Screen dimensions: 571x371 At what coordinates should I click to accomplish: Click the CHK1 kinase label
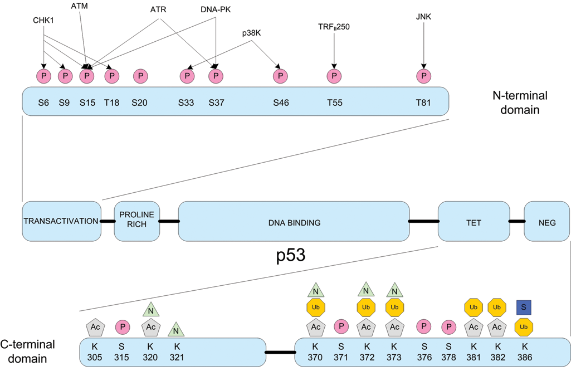(43, 21)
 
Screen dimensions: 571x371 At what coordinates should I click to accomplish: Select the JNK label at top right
(423, 17)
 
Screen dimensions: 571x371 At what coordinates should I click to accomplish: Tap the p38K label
(252, 33)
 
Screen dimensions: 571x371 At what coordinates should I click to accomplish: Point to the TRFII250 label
(334, 27)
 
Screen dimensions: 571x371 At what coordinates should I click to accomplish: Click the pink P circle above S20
(140, 76)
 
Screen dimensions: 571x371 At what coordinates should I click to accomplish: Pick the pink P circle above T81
(424, 76)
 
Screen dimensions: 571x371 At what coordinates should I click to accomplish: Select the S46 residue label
(281, 103)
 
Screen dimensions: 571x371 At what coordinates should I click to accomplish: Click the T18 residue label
(111, 103)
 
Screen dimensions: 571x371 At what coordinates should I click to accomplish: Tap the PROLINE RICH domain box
(137, 221)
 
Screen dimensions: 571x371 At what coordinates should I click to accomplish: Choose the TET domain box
(474, 221)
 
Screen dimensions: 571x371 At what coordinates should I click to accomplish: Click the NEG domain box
(547, 221)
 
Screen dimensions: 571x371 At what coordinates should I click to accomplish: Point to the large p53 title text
(291, 255)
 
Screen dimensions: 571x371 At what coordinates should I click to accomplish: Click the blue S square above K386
(524, 307)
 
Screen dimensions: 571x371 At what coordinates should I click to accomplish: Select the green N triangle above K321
(176, 330)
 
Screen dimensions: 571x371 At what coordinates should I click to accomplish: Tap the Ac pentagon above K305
(95, 327)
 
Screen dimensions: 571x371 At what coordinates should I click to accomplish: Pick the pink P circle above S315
(123, 327)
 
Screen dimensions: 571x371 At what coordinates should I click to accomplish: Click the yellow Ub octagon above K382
(497, 307)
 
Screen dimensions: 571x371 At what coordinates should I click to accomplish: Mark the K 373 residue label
(394, 352)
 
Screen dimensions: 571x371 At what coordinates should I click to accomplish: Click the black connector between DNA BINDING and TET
(424, 221)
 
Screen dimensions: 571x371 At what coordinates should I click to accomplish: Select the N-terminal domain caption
(520, 102)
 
